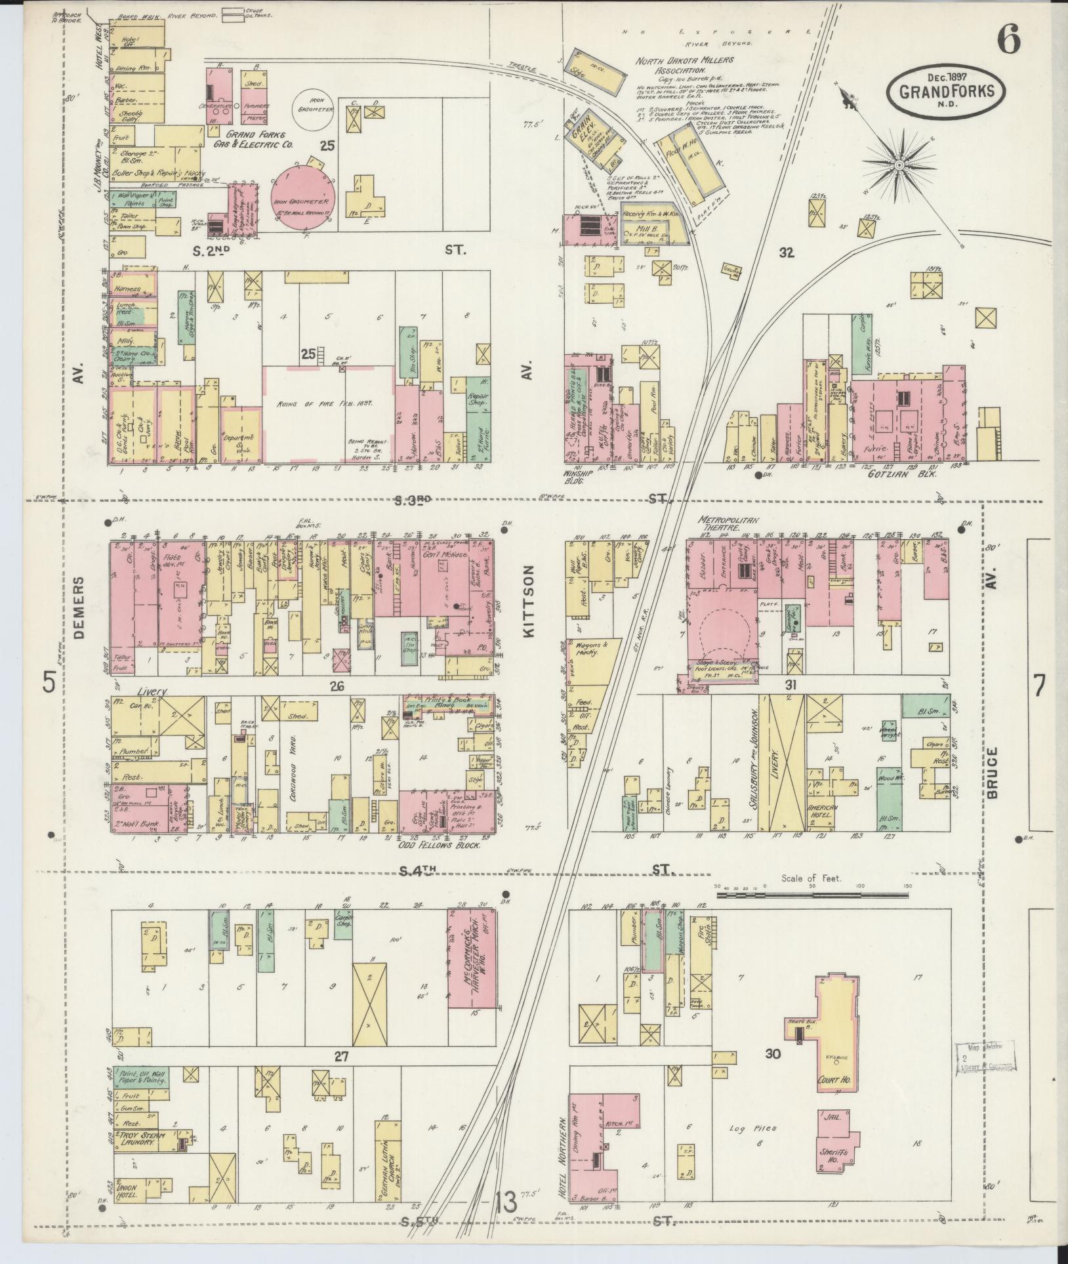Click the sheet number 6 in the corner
tap(1009, 41)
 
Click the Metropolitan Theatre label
tap(730, 523)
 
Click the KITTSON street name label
tap(530, 603)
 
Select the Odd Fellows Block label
tap(440, 846)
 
